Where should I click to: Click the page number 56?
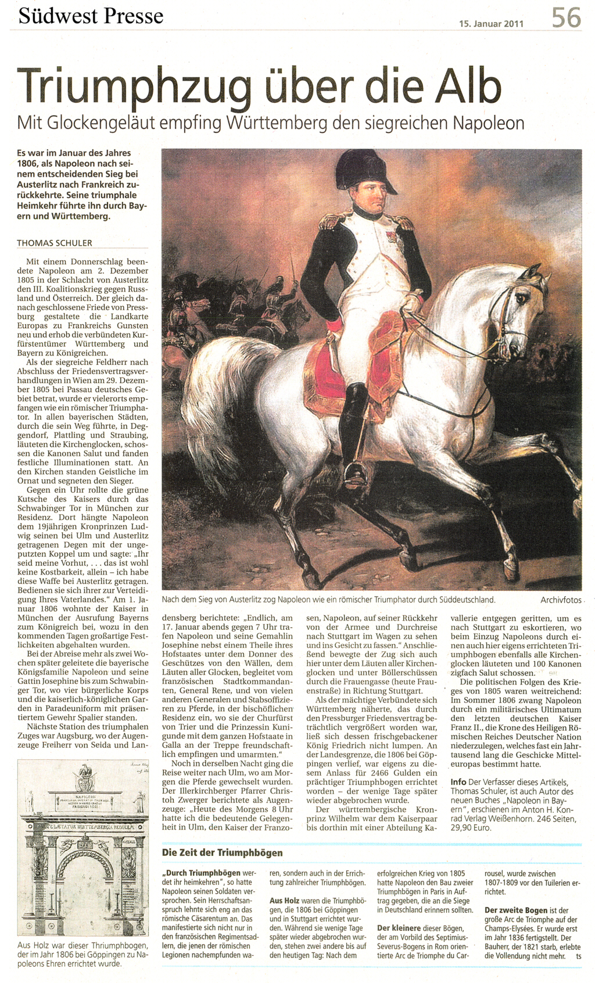(x=566, y=17)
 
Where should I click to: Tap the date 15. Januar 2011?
(x=491, y=24)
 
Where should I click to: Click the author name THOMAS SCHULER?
(x=55, y=243)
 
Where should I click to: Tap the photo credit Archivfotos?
(x=561, y=600)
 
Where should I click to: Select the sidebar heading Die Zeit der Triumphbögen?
(x=222, y=853)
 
